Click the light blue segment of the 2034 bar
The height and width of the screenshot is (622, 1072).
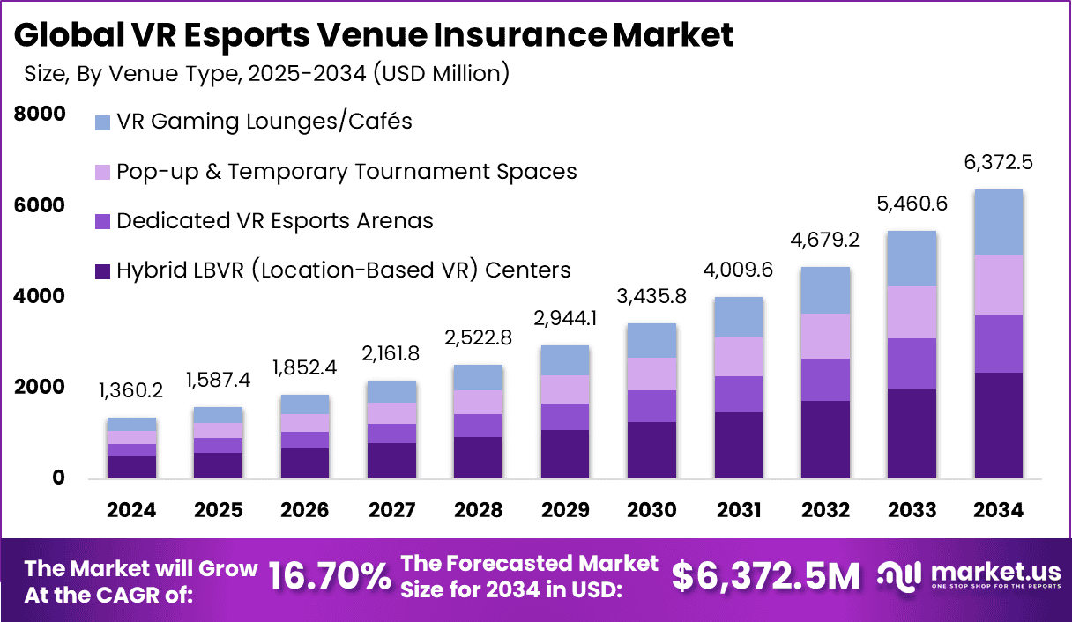tap(998, 222)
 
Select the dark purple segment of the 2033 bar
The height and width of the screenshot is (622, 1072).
tap(912, 433)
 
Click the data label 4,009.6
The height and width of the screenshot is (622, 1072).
tap(738, 270)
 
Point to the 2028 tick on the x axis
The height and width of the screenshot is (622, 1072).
tap(478, 510)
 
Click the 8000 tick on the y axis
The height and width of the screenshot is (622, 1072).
tap(40, 114)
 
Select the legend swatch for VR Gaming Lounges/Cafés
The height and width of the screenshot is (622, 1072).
tap(102, 122)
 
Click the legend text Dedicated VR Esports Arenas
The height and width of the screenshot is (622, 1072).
tap(274, 220)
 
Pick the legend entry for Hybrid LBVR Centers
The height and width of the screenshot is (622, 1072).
tap(344, 270)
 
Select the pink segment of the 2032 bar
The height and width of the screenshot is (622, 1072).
tap(824, 336)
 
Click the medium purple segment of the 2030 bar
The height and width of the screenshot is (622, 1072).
tap(651, 406)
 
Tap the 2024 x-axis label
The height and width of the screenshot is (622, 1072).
tap(131, 510)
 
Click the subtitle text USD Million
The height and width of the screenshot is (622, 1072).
tap(438, 73)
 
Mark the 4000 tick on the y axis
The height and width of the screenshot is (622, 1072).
tap(40, 296)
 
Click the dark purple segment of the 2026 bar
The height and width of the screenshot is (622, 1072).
tap(304, 463)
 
